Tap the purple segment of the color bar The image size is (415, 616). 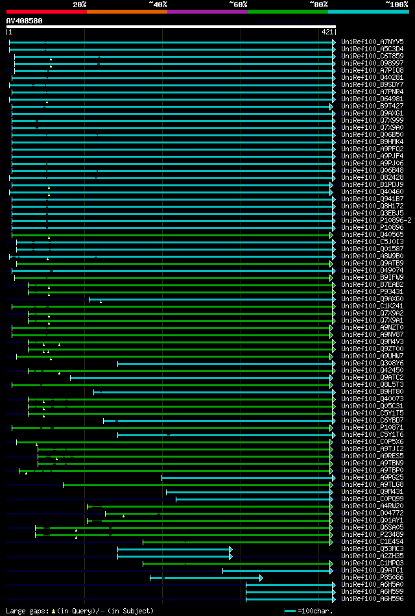207,12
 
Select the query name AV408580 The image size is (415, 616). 25,21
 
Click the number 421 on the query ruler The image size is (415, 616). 327,32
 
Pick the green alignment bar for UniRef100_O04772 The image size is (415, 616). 220,513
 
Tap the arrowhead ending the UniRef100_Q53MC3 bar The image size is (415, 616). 231,548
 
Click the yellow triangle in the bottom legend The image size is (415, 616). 53,611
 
